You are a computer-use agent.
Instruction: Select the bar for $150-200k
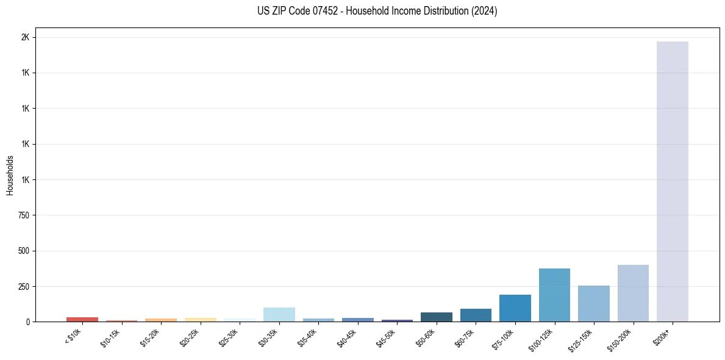coord(633,293)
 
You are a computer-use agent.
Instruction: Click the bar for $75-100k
coord(515,308)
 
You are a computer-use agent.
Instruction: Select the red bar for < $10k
coord(82,319)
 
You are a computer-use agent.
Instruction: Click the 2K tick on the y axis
coord(25,37)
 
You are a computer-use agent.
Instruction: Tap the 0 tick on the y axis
coord(27,322)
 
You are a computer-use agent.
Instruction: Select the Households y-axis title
coord(10,175)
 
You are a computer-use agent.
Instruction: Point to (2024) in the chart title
coord(484,11)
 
